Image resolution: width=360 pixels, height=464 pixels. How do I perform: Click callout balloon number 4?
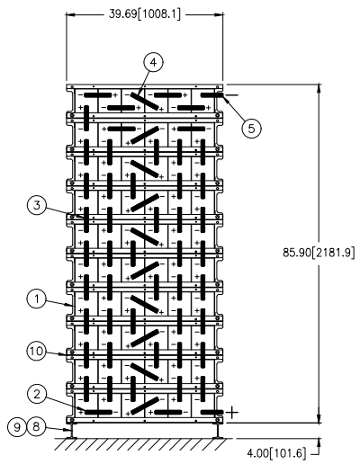point(154,63)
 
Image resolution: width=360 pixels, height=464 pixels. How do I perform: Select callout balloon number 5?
point(251,129)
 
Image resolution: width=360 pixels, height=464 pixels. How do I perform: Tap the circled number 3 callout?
point(37,206)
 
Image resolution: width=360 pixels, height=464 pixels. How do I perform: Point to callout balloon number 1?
point(37,299)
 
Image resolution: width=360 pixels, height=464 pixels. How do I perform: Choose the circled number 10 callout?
point(37,351)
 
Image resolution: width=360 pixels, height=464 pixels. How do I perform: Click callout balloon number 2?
point(37,394)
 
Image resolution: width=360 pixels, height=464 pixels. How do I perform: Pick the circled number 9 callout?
point(17,426)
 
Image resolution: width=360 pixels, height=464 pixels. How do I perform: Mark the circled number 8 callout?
point(36,426)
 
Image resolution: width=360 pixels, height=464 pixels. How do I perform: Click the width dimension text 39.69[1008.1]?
point(145,14)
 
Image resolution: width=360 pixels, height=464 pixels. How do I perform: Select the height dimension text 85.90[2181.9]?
point(319,253)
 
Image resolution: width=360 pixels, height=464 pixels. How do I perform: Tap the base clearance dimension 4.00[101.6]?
point(276,452)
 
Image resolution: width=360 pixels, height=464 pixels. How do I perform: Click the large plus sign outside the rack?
point(232,413)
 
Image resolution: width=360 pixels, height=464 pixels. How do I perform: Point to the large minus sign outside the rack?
point(232,95)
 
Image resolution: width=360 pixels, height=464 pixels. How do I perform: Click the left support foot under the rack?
point(71,432)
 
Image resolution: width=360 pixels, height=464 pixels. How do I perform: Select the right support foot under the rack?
point(218,432)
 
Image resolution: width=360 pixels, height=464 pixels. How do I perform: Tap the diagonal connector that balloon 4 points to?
point(145,102)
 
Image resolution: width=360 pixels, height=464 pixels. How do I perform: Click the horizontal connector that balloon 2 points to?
point(98,413)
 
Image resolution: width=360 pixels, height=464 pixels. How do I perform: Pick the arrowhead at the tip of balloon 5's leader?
point(226,99)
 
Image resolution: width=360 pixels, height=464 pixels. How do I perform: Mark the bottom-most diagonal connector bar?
point(145,406)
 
